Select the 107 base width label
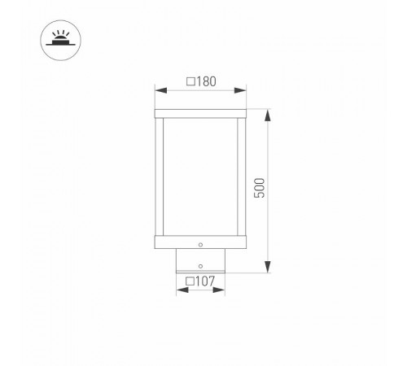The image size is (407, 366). click(204, 282)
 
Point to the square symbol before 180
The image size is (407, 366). click(190, 82)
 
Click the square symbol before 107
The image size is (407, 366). click(189, 282)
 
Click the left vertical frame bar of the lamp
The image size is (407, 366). click(160, 176)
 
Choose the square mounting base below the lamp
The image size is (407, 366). click(201, 262)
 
